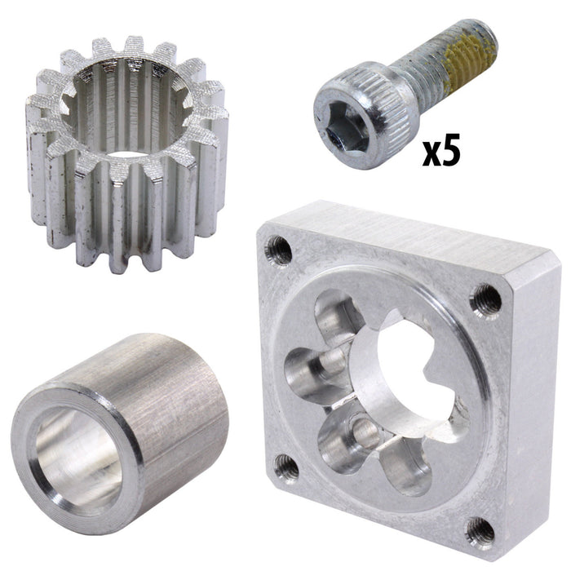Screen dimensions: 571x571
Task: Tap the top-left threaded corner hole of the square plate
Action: (x=281, y=247)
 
